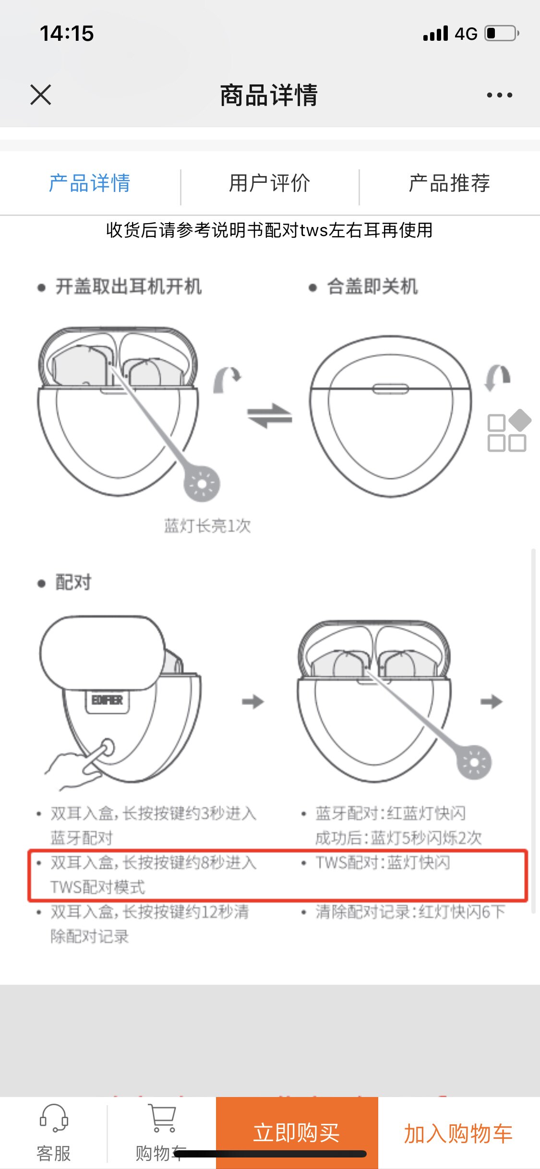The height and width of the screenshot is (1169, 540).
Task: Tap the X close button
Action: pyautogui.click(x=41, y=95)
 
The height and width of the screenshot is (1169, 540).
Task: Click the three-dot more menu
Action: pyautogui.click(x=499, y=95)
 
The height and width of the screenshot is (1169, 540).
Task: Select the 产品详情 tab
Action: pyautogui.click(x=90, y=183)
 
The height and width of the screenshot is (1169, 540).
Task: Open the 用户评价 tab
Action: pyautogui.click(x=269, y=183)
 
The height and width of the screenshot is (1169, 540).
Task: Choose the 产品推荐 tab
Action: pyautogui.click(x=449, y=183)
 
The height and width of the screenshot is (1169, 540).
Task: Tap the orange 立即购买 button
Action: pyautogui.click(x=297, y=1133)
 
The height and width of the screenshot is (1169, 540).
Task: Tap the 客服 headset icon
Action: pyautogui.click(x=54, y=1118)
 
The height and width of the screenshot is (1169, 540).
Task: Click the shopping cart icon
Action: pyautogui.click(x=162, y=1118)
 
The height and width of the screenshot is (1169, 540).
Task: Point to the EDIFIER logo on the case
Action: pyautogui.click(x=108, y=701)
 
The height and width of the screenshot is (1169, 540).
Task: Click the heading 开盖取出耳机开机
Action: pyautogui.click(x=128, y=287)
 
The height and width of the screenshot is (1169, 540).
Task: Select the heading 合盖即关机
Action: pyautogui.click(x=372, y=287)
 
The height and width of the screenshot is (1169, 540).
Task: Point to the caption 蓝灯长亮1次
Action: pyautogui.click(x=207, y=526)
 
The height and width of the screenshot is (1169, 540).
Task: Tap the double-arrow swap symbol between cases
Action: pyautogui.click(x=269, y=416)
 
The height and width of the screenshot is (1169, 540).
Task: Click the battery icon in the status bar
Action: pyautogui.click(x=501, y=34)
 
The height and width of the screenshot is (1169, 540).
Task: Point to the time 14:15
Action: pyautogui.click(x=67, y=34)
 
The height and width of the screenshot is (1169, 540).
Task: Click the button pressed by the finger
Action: pyautogui.click(x=107, y=748)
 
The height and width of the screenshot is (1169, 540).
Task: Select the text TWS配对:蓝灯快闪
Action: pyautogui.click(x=383, y=863)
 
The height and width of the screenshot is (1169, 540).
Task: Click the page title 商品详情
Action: pyautogui.click(x=269, y=95)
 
